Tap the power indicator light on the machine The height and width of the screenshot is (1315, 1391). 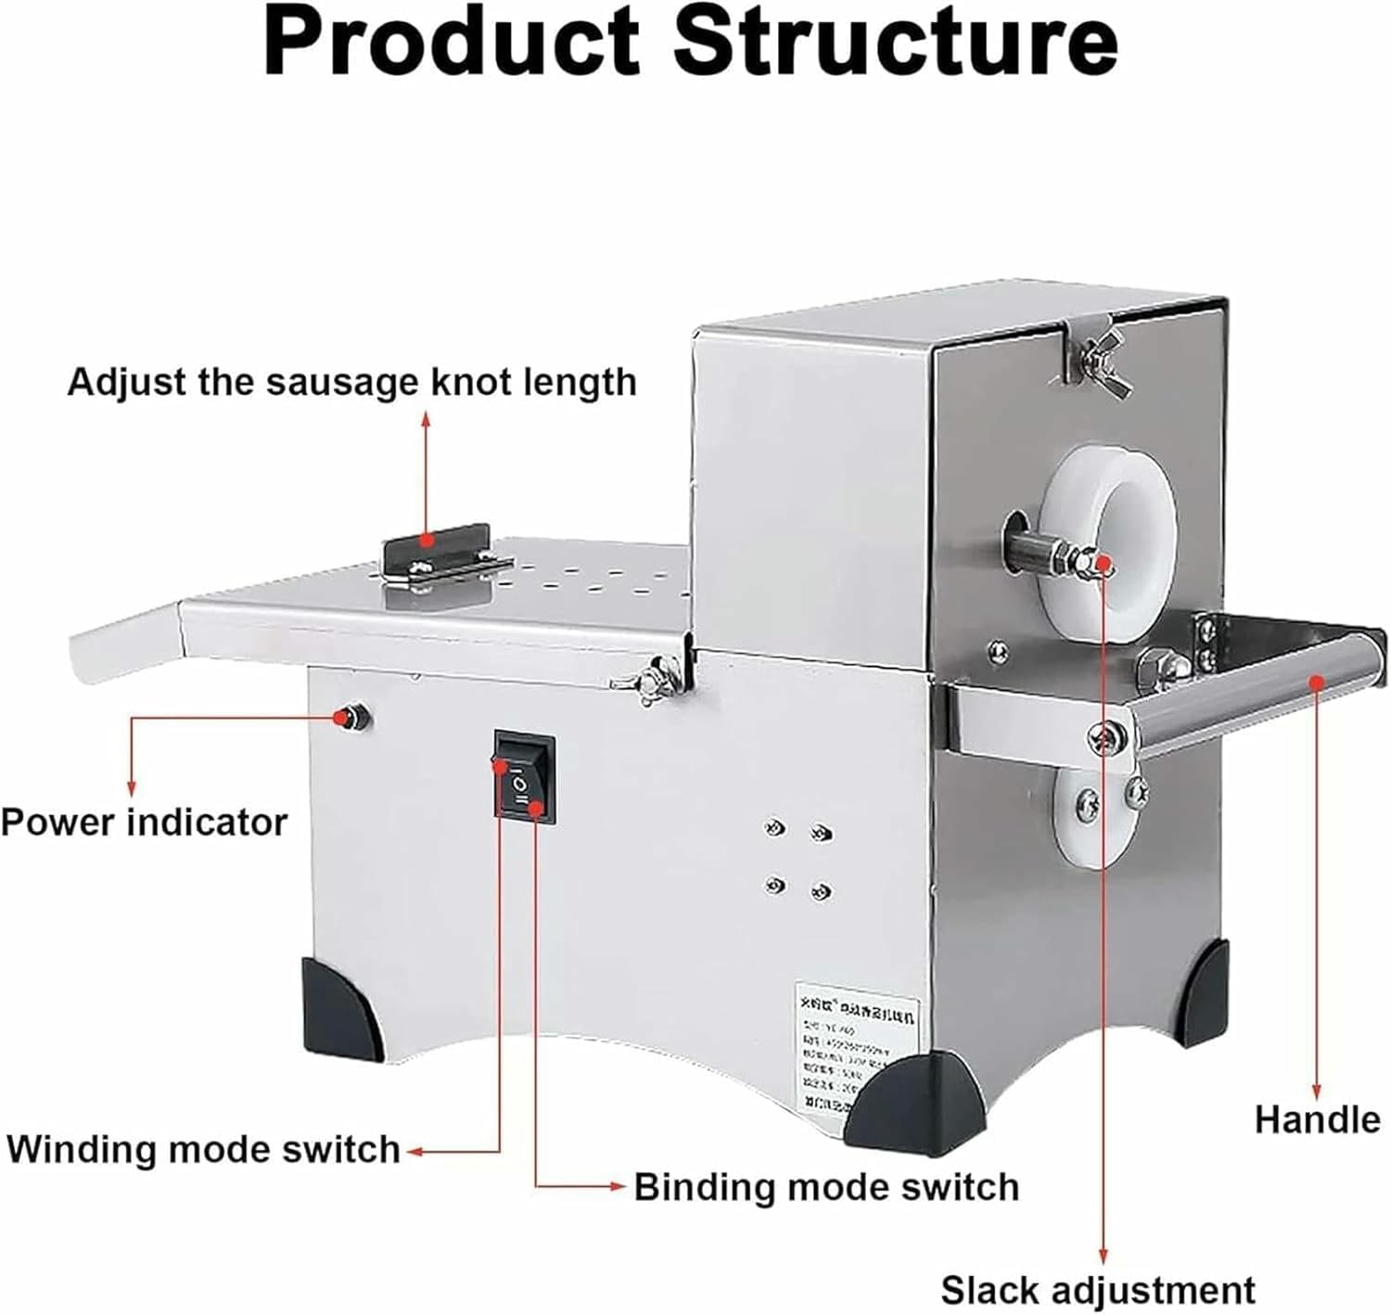pos(352,715)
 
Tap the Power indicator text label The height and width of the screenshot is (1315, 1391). pos(144,823)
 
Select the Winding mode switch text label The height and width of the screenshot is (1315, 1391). pos(203,1149)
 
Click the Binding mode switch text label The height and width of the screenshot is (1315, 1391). pos(826,1187)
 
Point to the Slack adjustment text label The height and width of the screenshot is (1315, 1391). pos(1098,1290)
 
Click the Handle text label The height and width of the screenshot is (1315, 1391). pos(1317,1119)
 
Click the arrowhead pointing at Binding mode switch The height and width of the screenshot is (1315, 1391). pos(618,1186)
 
